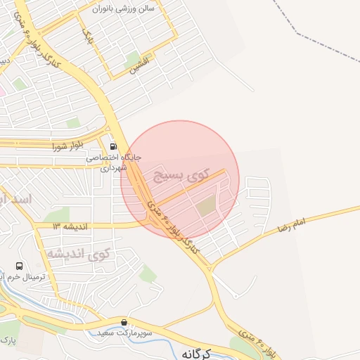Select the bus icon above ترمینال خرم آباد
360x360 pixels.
pos(20,266)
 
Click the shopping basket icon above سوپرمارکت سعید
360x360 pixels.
pos(124,322)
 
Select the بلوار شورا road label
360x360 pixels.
pos(68,146)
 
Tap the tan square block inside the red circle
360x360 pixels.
pos(206,207)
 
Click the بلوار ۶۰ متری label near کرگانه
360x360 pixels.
pos(257,342)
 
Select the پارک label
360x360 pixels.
pos(7,341)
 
